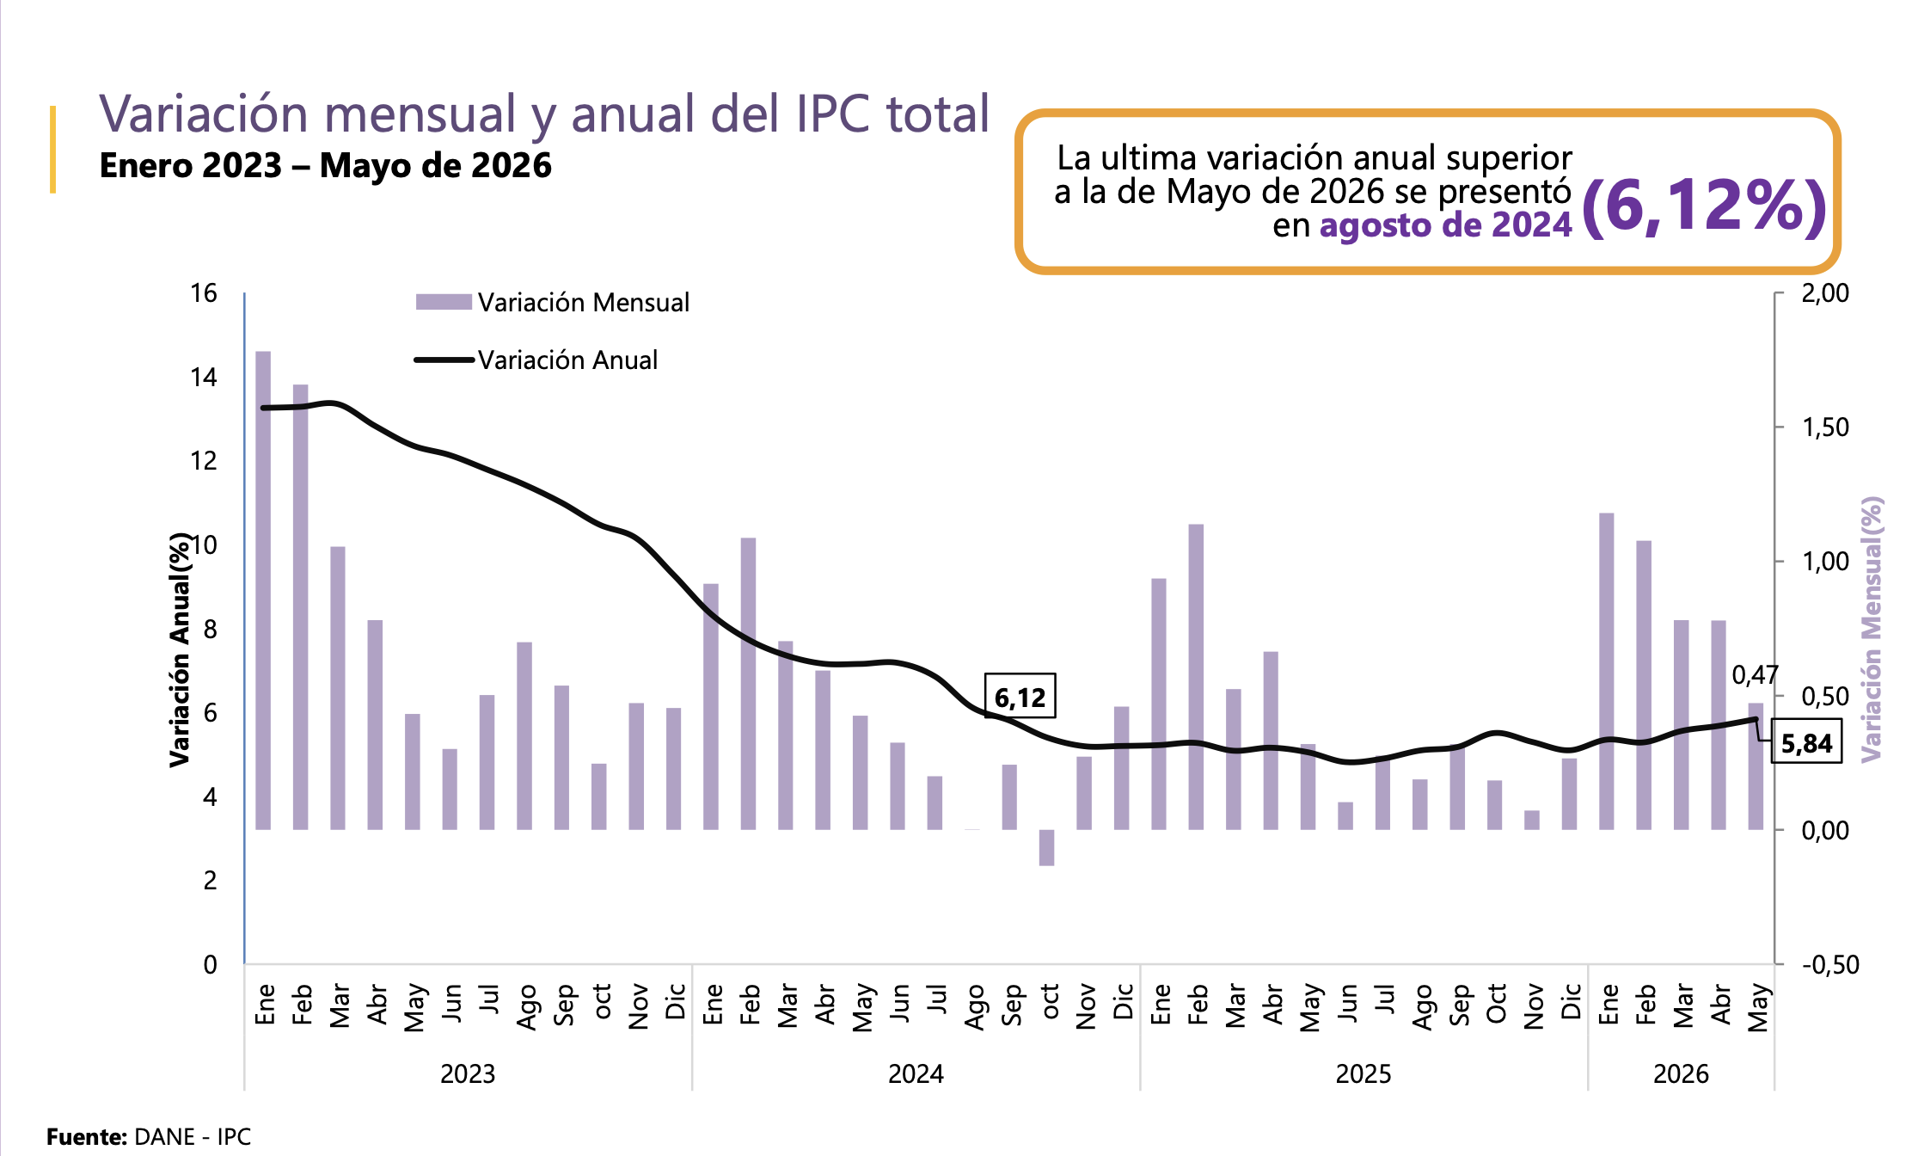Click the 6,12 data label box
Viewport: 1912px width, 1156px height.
pos(1020,696)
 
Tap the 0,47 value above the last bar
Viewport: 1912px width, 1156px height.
pos(1754,675)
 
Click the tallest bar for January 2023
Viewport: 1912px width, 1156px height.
pos(263,590)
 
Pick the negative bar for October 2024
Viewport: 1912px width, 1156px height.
pos(1046,847)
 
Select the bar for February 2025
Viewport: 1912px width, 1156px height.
pos(1196,677)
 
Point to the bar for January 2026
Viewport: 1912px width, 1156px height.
pos(1607,671)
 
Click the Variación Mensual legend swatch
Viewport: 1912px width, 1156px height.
pos(444,302)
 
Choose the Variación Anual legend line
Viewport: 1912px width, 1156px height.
pos(444,360)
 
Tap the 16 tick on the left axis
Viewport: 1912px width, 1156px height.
pos(204,293)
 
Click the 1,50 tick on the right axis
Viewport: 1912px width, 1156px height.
pos(1825,427)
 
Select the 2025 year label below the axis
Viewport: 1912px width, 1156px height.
pos(1364,1073)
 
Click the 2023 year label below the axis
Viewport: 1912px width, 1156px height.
pos(468,1073)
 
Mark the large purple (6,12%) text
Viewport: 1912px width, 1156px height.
pos(1704,206)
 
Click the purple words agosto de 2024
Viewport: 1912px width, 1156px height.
pos(1446,225)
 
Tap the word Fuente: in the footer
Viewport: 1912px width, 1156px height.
pos(87,1136)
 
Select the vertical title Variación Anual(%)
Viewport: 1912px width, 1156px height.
pos(179,649)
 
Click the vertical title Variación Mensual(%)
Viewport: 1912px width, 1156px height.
pos(1872,629)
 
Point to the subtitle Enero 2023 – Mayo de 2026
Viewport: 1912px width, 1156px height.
pos(326,165)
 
